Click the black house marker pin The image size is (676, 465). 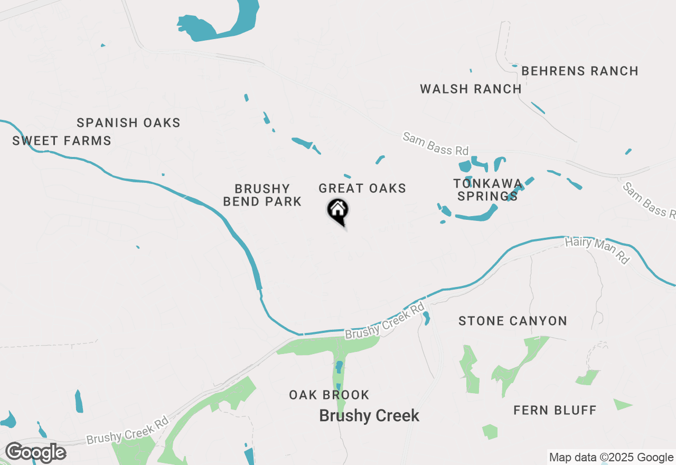click(338, 211)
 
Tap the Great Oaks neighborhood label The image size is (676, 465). click(362, 189)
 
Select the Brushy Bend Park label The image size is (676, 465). click(262, 195)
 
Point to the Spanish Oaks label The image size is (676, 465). click(128, 123)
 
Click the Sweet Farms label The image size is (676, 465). click(62, 141)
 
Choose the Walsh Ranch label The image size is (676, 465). click(471, 89)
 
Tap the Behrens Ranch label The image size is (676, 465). click(580, 71)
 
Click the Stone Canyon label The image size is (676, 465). click(513, 321)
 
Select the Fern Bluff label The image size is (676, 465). click(555, 410)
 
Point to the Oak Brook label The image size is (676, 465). click(329, 395)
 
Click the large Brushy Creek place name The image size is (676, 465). click(369, 416)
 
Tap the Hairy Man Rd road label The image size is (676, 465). click(597, 250)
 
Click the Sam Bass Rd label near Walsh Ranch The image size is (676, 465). click(435, 144)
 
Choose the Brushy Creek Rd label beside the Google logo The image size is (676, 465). click(127, 430)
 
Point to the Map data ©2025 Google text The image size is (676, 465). click(611, 458)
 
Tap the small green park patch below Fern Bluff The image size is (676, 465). click(490, 432)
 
